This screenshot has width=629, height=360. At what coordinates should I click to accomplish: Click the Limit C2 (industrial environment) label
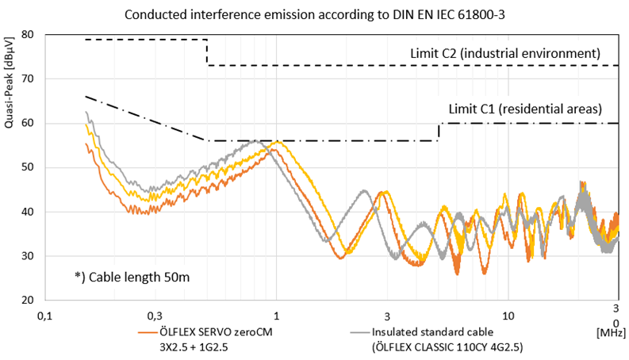click(504, 53)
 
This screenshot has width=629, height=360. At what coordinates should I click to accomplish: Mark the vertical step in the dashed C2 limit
click(207, 52)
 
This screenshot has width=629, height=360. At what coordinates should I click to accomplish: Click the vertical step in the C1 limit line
click(439, 132)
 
